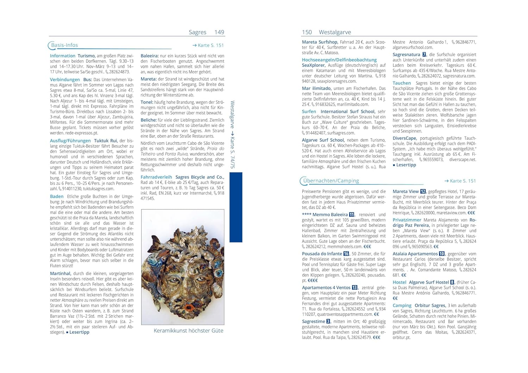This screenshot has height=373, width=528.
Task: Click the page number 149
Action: [219, 32]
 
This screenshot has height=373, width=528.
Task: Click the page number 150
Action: [307, 32]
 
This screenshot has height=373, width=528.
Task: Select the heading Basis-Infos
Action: [64, 45]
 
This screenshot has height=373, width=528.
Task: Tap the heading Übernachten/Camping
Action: [331, 181]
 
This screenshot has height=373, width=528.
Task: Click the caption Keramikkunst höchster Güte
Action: [188, 330]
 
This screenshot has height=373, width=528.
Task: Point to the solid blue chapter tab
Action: [236, 207]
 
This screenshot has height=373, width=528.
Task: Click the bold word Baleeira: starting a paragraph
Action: [150, 56]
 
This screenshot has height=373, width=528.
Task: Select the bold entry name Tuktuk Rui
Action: [106, 141]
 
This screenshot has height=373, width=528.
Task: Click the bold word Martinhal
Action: [61, 273]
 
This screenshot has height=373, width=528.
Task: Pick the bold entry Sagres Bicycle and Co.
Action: [200, 177]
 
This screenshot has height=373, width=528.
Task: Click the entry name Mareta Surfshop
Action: [320, 42]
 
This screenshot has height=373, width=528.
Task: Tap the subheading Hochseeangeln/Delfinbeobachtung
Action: [339, 60]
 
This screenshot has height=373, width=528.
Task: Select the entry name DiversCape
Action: [404, 138]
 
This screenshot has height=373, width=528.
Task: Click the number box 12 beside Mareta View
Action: [423, 192]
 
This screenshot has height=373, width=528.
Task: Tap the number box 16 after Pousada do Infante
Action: [346, 253]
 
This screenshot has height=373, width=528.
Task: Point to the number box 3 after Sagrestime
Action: [328, 321]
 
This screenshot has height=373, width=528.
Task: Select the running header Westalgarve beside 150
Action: [335, 32]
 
